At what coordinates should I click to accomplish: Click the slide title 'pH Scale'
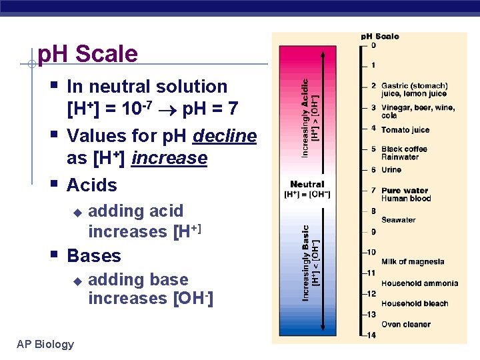point(88,54)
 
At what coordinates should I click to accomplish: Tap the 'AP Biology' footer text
point(45,344)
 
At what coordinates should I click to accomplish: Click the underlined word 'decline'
point(225,136)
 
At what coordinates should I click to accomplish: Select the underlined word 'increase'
point(169,158)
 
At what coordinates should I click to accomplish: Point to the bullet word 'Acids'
point(92,185)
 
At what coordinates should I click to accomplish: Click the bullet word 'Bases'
point(94,255)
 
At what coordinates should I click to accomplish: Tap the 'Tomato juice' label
point(405,130)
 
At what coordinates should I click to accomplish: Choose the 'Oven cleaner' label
point(405,325)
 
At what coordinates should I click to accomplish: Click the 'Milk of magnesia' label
point(412,262)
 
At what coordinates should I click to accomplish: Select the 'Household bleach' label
point(414,304)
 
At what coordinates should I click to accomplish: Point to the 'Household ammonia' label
point(419,283)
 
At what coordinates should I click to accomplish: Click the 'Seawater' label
point(398,220)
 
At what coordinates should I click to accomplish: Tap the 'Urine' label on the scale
point(391,170)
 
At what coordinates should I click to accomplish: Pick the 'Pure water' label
point(405,191)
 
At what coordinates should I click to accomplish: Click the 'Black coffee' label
point(404,149)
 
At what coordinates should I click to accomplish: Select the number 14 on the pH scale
point(371,335)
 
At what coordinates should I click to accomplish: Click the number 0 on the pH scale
point(373,45)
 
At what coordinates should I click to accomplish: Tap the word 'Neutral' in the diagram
point(307,184)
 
